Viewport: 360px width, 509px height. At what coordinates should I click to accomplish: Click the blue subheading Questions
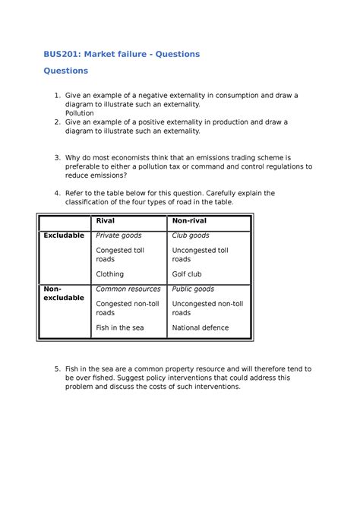tap(65, 71)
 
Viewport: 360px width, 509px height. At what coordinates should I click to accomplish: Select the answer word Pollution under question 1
tap(80, 113)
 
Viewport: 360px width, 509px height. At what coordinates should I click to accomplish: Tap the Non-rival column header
tap(189, 220)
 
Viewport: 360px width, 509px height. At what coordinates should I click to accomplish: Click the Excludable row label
tap(64, 236)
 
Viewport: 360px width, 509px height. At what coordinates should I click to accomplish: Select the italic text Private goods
tap(118, 236)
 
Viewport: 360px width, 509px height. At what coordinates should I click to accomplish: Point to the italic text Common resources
tap(128, 289)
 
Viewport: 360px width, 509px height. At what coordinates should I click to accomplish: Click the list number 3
tap(57, 156)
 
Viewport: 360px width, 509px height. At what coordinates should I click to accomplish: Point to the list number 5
tap(57, 368)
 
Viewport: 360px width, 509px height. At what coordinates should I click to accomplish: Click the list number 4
tap(57, 193)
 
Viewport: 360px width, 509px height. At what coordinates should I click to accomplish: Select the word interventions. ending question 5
tap(207, 387)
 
